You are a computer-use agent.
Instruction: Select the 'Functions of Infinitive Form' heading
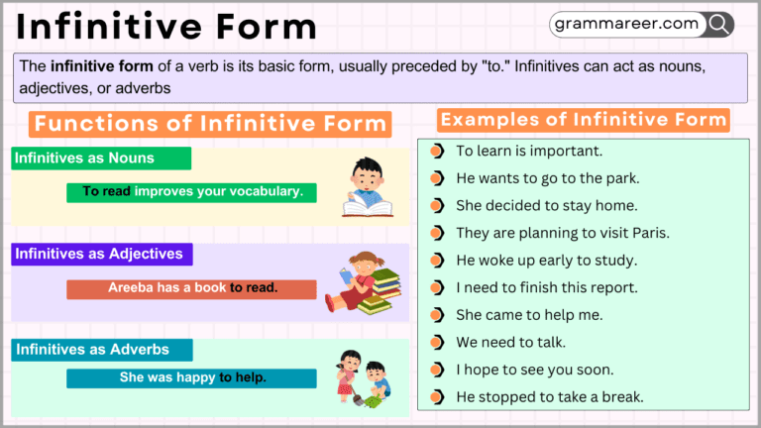(x=210, y=124)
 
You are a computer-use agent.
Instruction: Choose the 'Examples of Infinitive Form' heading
(x=584, y=120)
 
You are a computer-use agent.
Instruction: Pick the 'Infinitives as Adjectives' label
(x=99, y=255)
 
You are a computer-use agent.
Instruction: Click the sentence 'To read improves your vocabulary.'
(x=192, y=191)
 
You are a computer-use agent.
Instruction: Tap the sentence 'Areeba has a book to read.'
(x=192, y=289)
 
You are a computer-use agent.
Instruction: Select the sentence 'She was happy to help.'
(x=192, y=377)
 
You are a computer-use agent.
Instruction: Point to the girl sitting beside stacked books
(x=368, y=282)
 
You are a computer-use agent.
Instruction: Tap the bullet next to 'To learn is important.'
(x=437, y=152)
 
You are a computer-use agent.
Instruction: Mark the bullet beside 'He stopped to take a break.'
(x=437, y=397)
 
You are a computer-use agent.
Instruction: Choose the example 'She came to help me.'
(x=529, y=315)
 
